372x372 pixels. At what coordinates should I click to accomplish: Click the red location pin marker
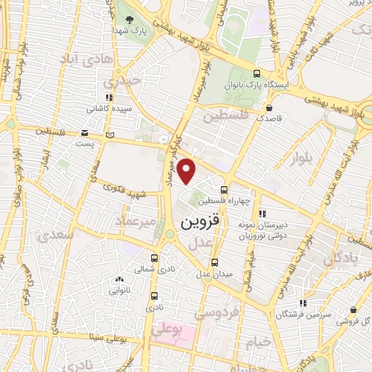click(187, 171)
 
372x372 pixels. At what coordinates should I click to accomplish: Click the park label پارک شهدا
click(130, 31)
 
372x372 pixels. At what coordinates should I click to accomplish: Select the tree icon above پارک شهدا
click(130, 19)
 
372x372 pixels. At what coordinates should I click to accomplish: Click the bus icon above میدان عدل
click(214, 263)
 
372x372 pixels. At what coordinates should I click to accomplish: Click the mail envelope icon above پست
click(85, 134)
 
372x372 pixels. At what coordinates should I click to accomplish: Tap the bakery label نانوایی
click(120, 291)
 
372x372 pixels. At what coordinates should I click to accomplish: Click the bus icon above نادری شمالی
click(154, 257)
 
